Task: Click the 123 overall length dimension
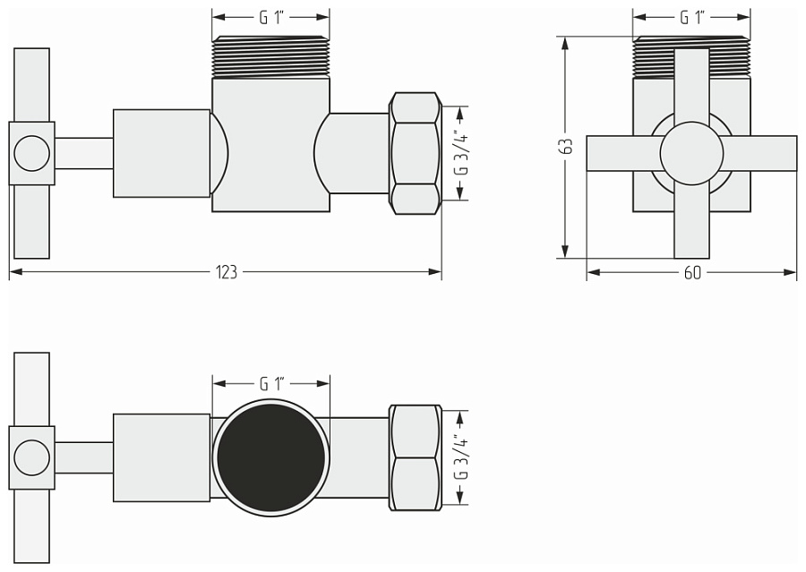tap(227, 272)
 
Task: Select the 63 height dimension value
tap(567, 147)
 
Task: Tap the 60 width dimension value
tap(692, 272)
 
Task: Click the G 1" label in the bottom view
tap(271, 383)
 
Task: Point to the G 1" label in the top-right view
tap(691, 17)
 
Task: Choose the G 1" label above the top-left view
tap(271, 18)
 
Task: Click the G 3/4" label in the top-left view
tap(462, 154)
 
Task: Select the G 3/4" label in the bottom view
tap(462, 458)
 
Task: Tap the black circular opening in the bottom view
tap(270, 458)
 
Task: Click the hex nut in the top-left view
tap(416, 153)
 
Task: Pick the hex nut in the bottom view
tap(416, 457)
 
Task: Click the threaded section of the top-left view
tap(270, 56)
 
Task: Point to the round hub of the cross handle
tap(691, 153)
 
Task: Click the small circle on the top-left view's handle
tap(32, 153)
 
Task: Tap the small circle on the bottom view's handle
tap(32, 457)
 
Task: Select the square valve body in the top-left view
tap(270, 144)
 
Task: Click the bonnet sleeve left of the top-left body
tap(161, 153)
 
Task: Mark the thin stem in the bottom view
tap(84, 457)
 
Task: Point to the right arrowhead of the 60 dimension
tap(790, 272)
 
